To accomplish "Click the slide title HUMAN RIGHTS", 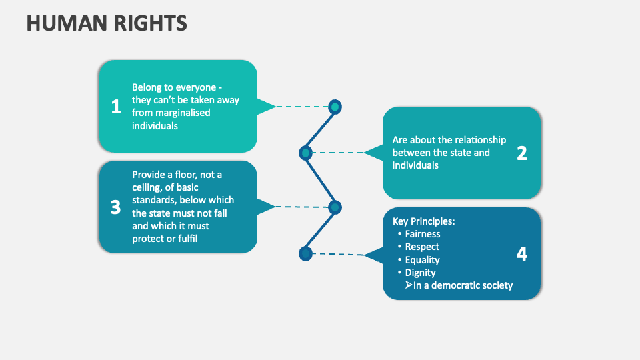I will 107,23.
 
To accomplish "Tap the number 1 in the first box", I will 116,106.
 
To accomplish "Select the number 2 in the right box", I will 521,153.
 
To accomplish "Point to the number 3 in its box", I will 115,207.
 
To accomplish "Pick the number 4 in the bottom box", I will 521,254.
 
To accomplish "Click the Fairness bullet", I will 423,234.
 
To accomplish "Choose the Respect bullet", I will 422,247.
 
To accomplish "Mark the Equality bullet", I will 422,260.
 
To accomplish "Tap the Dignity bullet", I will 420,273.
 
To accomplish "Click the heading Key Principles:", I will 423,221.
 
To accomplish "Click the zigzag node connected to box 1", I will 335,107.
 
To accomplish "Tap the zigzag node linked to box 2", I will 305,153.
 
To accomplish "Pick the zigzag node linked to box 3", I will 335,207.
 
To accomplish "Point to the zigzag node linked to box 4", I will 305,253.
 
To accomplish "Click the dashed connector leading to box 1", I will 301,106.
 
